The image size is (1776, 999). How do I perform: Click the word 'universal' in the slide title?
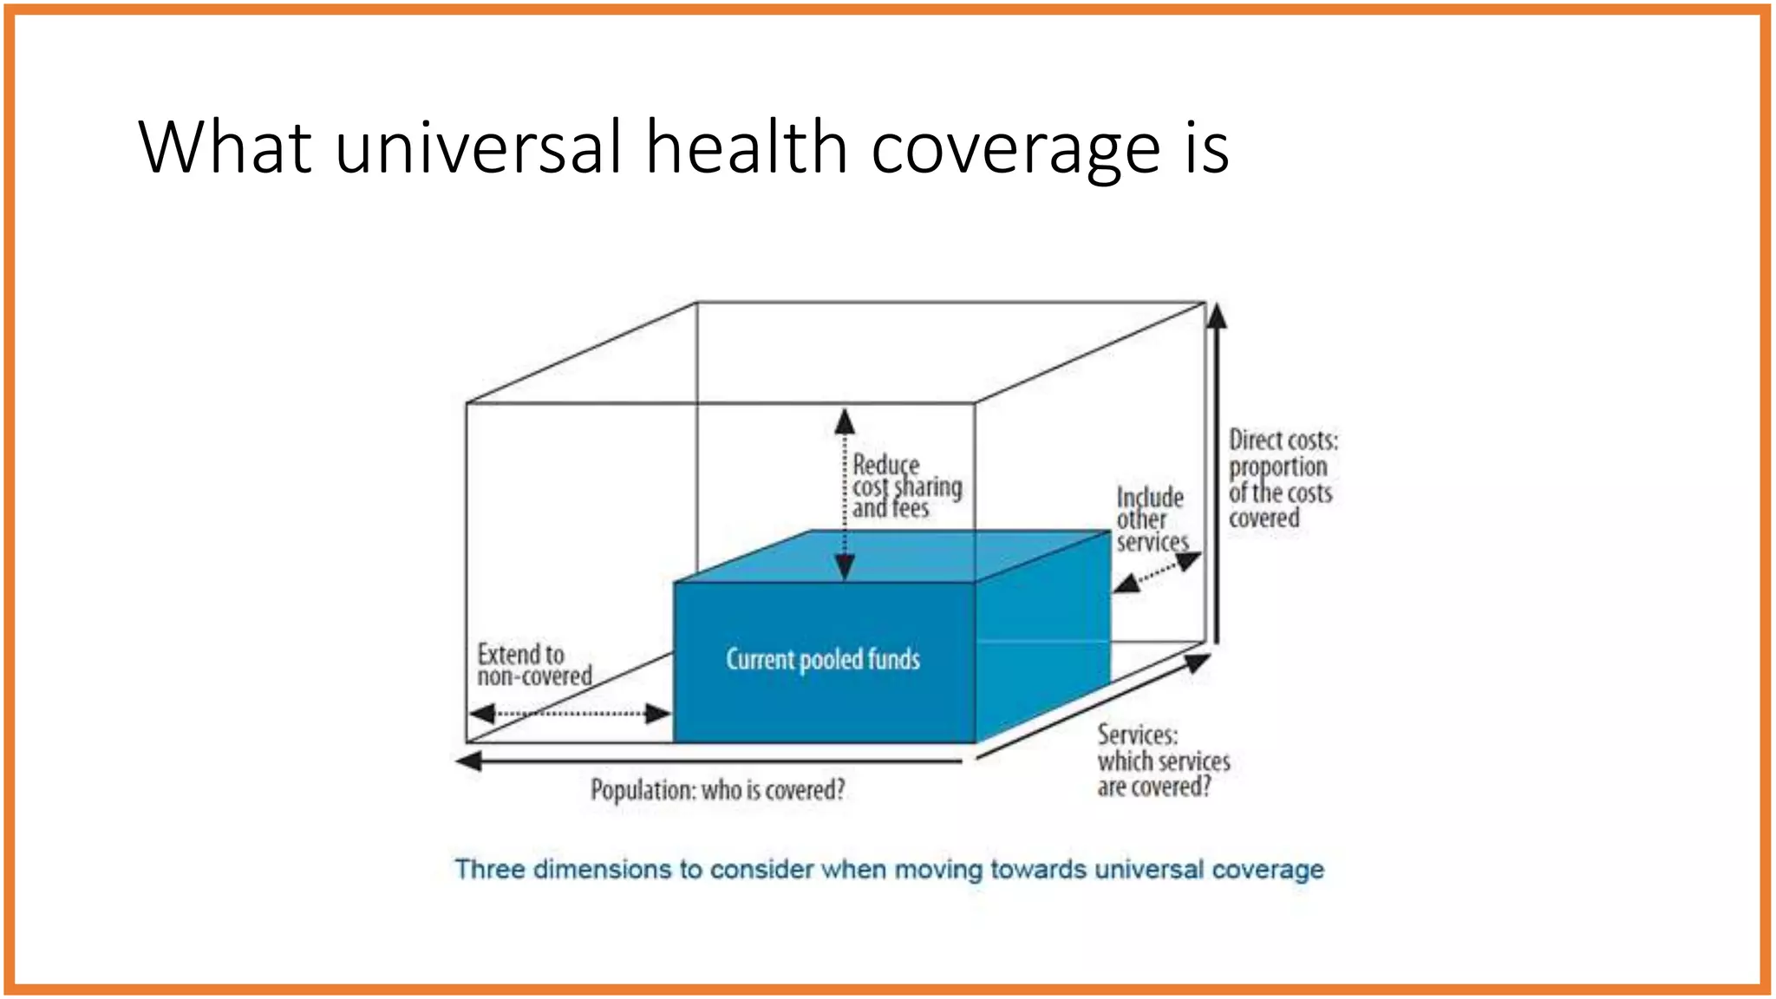[478, 147]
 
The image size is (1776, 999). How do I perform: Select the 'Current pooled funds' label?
[822, 660]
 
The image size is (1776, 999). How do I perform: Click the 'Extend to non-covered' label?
[534, 665]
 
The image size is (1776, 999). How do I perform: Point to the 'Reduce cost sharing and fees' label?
[905, 486]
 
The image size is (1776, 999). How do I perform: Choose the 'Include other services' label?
[1151, 519]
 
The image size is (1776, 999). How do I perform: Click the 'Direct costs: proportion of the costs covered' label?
[1282, 480]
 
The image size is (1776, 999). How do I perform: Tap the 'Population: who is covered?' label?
[717, 790]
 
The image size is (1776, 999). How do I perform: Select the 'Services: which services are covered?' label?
[1162, 761]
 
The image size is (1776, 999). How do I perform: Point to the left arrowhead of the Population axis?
[469, 761]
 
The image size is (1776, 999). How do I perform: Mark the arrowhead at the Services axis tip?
[1198, 663]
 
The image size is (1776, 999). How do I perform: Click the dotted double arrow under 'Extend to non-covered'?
[570, 714]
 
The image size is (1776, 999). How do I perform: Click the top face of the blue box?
[893, 556]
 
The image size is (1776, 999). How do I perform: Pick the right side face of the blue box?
[1043, 637]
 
